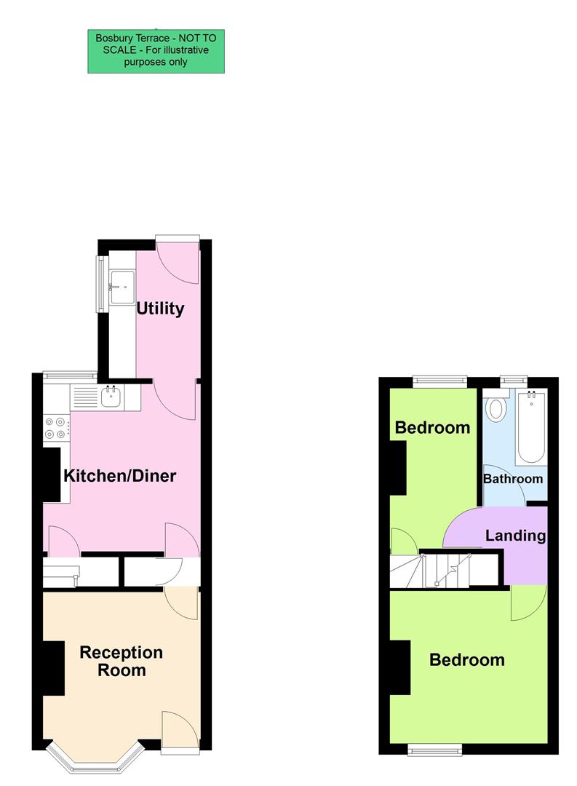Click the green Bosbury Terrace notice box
click(156, 51)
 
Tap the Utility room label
click(160, 309)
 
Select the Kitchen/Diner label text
click(120, 477)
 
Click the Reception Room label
click(122, 661)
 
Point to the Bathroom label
click(513, 479)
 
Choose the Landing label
click(515, 536)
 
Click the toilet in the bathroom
click(496, 408)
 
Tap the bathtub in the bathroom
click(531, 427)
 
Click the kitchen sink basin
click(111, 397)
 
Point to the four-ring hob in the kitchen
click(55, 427)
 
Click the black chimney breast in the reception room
click(54, 668)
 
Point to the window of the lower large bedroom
click(434, 748)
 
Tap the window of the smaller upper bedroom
click(440, 378)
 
